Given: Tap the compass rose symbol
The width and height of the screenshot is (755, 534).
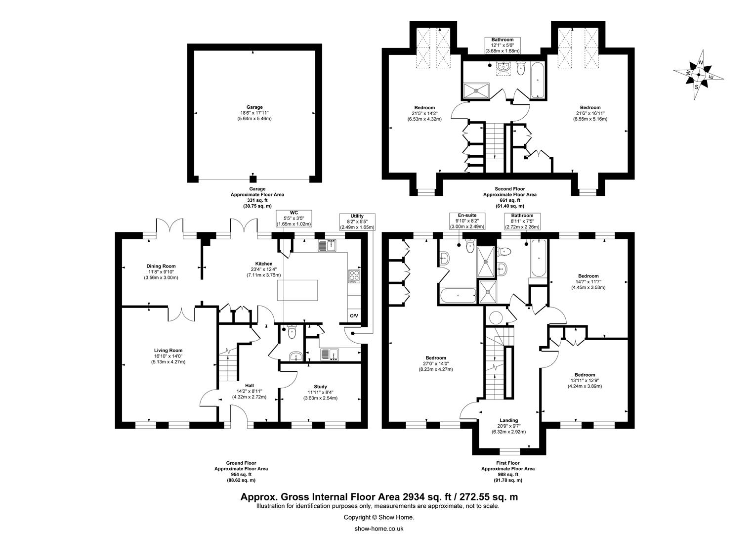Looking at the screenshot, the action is tap(698, 75).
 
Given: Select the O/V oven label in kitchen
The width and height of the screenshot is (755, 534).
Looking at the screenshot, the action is tap(354, 316).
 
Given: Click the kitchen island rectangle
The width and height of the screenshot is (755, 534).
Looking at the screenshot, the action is tap(297, 290).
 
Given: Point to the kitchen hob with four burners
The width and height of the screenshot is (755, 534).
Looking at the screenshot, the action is tap(354, 276).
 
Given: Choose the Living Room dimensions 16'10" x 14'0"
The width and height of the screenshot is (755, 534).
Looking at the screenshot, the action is tap(168, 356).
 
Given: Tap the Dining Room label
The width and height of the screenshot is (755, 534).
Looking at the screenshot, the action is tap(161, 266).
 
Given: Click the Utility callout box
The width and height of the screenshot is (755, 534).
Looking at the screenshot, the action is tap(357, 222).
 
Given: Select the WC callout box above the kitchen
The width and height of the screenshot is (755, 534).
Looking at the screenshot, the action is tap(294, 218).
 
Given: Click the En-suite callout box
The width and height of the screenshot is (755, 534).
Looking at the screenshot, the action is tap(467, 221).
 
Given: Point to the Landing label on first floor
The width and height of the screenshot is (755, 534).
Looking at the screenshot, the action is tap(508, 420).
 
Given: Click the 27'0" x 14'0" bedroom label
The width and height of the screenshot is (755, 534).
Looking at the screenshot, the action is tap(436, 363).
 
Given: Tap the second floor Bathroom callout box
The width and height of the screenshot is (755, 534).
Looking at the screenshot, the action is tap(503, 45).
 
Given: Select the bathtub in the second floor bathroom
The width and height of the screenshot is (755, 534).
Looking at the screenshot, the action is tap(538, 80).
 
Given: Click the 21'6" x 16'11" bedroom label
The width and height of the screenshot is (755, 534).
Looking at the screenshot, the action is tap(590, 113).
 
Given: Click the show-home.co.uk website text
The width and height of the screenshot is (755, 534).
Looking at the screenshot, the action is tap(379, 529).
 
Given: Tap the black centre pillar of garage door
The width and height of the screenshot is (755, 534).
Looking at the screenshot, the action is tap(253, 179).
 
